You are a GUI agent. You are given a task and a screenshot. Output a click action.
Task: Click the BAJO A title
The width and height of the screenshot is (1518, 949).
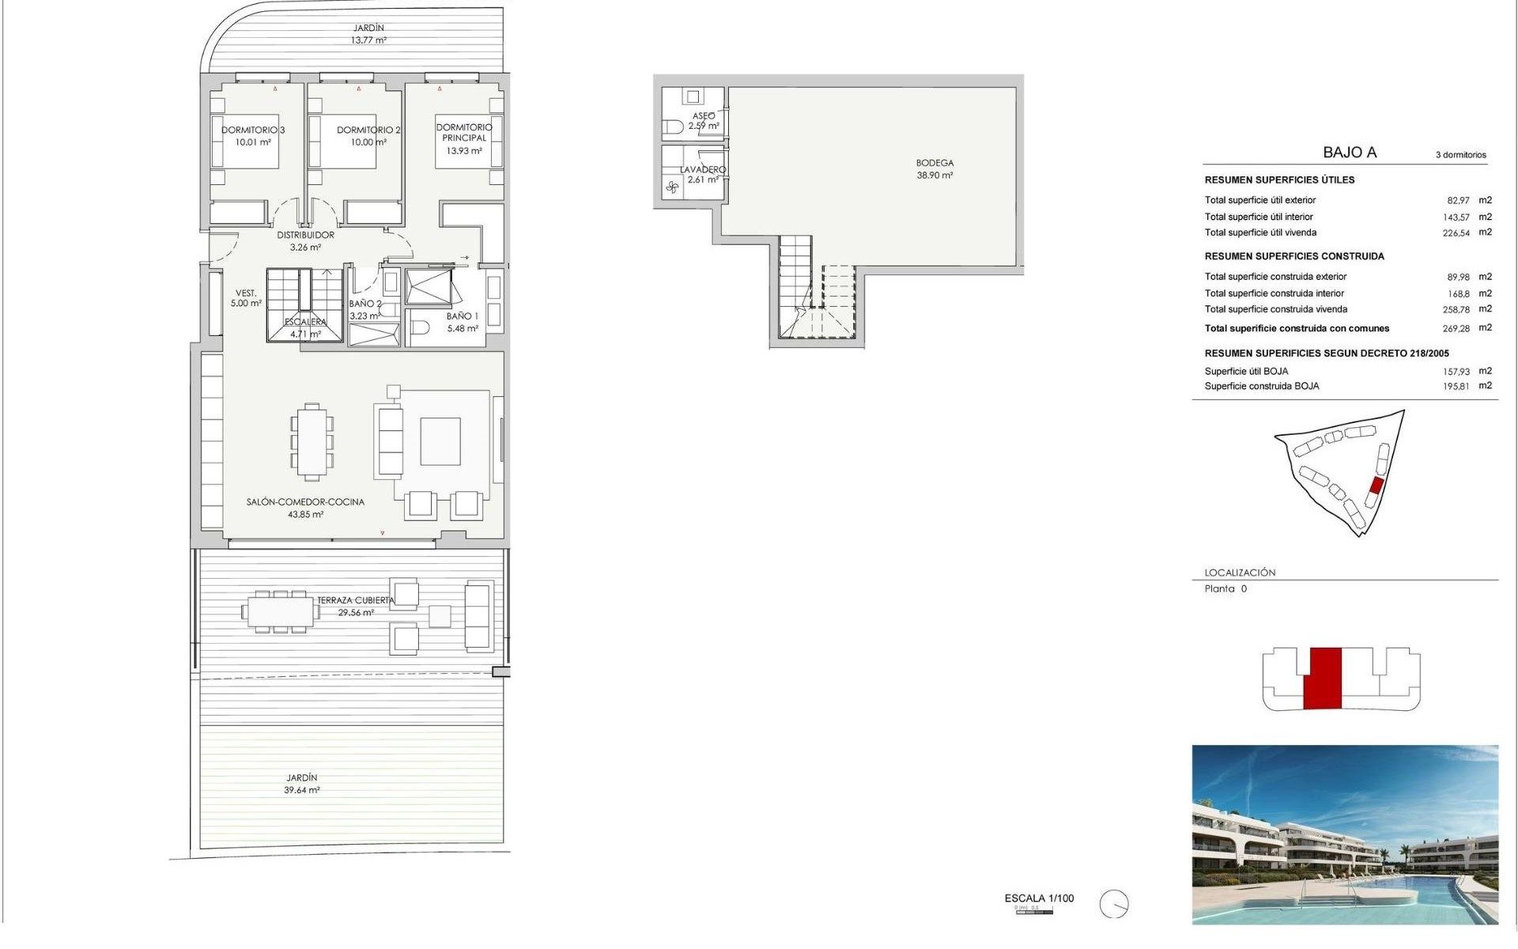pyautogui.click(x=1350, y=153)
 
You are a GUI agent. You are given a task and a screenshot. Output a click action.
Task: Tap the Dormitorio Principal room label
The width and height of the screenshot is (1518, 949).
pyautogui.click(x=464, y=132)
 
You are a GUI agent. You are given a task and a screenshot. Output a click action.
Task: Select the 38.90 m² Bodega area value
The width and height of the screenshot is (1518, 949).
pyautogui.click(x=935, y=176)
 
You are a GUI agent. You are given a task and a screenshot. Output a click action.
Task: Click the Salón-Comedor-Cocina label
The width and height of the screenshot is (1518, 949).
pyautogui.click(x=305, y=502)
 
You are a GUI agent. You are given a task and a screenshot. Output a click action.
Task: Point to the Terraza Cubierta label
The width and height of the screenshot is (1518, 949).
pyautogui.click(x=355, y=600)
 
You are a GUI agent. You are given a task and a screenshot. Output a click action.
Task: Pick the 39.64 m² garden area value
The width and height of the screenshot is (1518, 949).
pyautogui.click(x=302, y=790)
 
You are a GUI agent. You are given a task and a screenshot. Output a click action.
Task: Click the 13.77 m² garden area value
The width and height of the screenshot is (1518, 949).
pyautogui.click(x=368, y=40)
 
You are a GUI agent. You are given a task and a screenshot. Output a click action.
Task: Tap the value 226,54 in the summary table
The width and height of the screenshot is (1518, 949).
pyautogui.click(x=1456, y=233)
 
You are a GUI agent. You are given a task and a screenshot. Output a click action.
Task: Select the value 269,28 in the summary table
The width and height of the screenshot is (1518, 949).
pyautogui.click(x=1456, y=328)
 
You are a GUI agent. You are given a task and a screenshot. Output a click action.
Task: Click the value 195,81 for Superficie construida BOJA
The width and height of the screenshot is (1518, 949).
pyautogui.click(x=1456, y=387)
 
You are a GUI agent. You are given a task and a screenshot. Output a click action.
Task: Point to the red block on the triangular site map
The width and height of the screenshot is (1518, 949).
pyautogui.click(x=1376, y=486)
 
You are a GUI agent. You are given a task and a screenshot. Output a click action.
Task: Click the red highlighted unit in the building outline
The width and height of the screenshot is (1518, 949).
pyautogui.click(x=1322, y=678)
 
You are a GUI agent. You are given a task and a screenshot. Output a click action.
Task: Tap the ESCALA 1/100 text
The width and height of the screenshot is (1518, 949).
pyautogui.click(x=1039, y=898)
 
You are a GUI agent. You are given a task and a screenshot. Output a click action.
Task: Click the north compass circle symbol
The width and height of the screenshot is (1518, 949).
pyautogui.click(x=1114, y=903)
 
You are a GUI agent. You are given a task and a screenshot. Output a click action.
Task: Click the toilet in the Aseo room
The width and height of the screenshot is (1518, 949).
pyautogui.click(x=674, y=127)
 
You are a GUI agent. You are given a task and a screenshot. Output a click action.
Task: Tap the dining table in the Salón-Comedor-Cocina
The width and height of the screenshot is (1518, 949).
pyautogui.click(x=312, y=442)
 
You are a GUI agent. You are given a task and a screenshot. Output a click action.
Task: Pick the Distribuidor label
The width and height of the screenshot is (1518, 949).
pyautogui.click(x=305, y=235)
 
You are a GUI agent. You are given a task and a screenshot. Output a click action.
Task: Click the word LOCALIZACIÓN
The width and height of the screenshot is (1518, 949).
pyautogui.click(x=1240, y=573)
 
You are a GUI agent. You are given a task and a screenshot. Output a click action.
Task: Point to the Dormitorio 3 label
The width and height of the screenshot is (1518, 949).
pyautogui.click(x=253, y=130)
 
